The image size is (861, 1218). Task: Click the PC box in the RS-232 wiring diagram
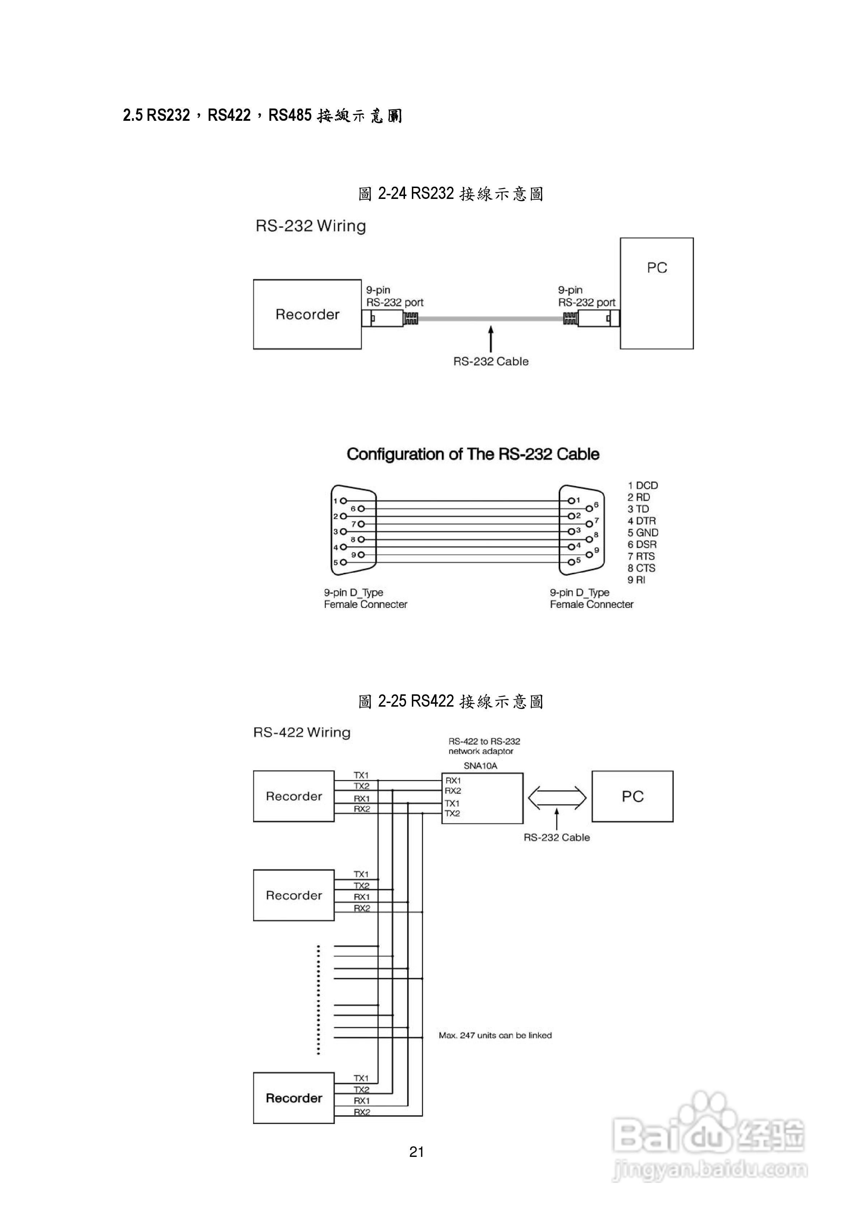656,293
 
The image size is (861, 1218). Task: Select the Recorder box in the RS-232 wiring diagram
307,315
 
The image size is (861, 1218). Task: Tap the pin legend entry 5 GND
643,533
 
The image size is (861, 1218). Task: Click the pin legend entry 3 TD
638,509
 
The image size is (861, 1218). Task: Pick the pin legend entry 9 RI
636,580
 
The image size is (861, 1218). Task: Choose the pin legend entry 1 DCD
643,485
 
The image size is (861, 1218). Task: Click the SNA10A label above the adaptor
480,766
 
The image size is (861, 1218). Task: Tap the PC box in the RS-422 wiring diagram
632,797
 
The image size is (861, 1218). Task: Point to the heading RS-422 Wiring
302,733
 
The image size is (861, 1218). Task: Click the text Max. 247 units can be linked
495,1035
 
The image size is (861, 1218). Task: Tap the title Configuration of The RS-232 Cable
473,455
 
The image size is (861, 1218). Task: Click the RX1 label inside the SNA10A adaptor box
453,781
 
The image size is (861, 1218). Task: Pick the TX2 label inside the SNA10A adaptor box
452,814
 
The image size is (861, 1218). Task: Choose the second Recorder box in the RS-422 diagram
294,895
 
